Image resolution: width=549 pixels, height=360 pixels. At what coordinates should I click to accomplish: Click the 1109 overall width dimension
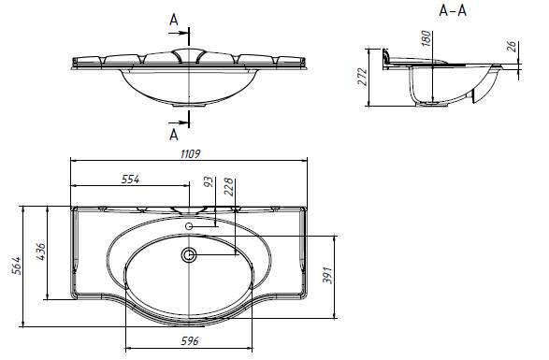(x=190, y=153)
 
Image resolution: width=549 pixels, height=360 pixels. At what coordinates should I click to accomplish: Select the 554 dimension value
(x=130, y=180)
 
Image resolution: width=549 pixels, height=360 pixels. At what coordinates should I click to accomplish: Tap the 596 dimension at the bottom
(x=190, y=340)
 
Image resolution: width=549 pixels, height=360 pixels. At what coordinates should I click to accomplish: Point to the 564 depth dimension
(x=17, y=266)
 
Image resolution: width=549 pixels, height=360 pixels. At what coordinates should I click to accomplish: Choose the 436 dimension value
(x=40, y=252)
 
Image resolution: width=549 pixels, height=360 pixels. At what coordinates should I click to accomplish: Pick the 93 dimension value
(x=209, y=181)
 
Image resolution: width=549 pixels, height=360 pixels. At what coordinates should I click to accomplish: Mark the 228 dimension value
(x=228, y=187)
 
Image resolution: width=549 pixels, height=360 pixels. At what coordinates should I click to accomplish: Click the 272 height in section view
(x=362, y=77)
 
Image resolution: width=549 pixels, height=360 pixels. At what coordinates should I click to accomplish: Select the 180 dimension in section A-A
(x=426, y=38)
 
